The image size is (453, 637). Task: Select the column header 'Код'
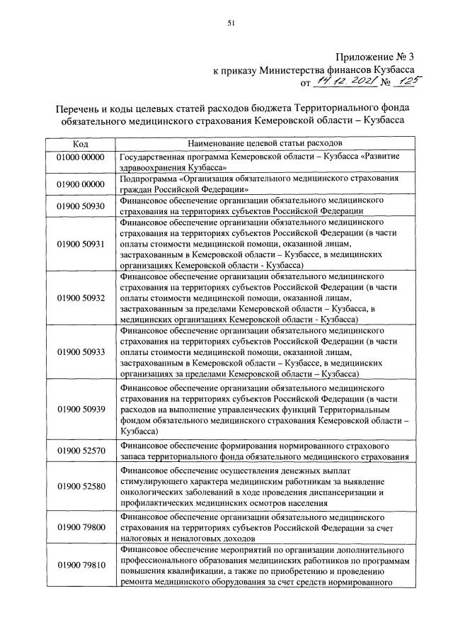[x=80, y=142]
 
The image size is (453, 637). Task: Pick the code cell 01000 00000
[x=80, y=156]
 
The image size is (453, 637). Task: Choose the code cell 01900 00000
[x=80, y=184]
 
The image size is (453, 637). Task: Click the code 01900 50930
[x=80, y=205]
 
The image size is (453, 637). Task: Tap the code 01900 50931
[x=80, y=243]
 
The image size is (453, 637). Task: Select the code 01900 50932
[x=80, y=298]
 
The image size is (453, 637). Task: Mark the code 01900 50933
[x=80, y=351]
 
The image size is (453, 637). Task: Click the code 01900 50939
[x=80, y=410]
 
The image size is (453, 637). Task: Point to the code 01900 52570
[x=80, y=451]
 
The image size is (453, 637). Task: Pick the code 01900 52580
[x=80, y=486]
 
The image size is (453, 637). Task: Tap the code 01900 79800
[x=80, y=527]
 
